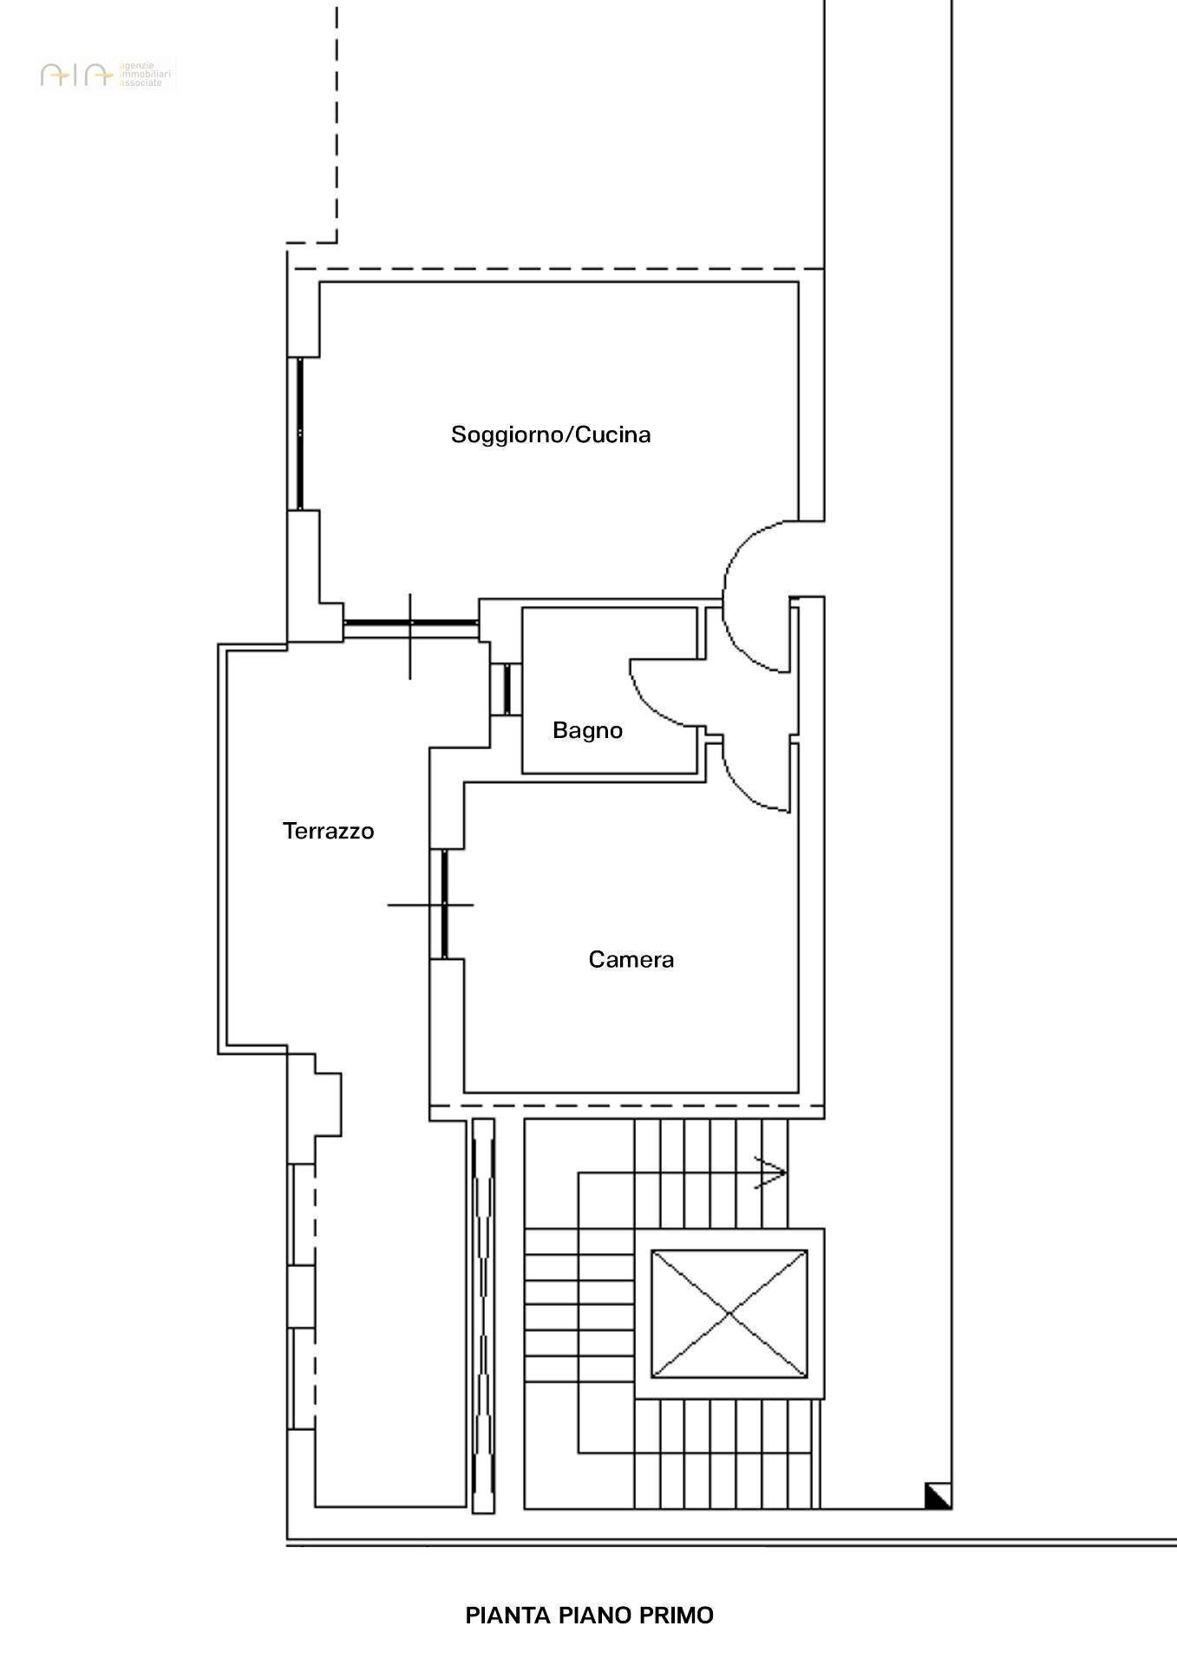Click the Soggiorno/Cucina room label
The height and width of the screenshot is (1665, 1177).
pos(551,434)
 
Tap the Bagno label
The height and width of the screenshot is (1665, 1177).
pos(587,730)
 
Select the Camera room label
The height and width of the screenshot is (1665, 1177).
pos(631,959)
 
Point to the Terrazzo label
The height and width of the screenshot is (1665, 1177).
pos(328,831)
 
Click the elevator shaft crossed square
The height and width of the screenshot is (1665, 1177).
pos(729,1314)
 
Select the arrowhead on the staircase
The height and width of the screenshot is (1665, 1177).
pos(772,1173)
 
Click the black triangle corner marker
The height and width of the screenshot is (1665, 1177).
pos(938,1496)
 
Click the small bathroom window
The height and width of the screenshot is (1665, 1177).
pos(506,689)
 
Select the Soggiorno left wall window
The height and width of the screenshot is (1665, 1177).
pos(299,433)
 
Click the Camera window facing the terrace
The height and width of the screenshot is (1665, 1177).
pos(444,904)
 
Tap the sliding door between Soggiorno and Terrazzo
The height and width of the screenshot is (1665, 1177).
pos(411,623)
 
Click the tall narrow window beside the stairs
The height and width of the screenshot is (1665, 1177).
pos(483,1315)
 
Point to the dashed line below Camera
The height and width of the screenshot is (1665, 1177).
pos(626,1107)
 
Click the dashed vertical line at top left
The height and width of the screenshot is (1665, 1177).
pos(337,121)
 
